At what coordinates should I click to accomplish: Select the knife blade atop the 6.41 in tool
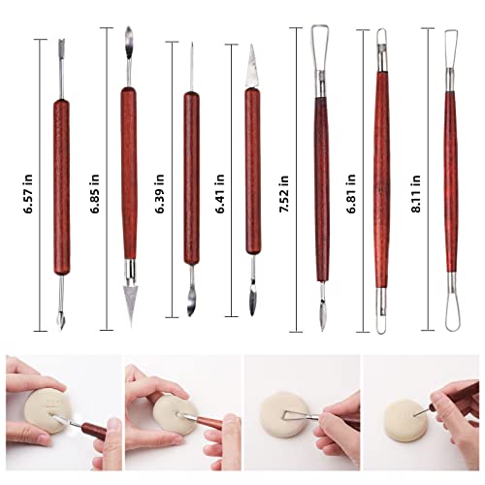[x=251, y=63]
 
